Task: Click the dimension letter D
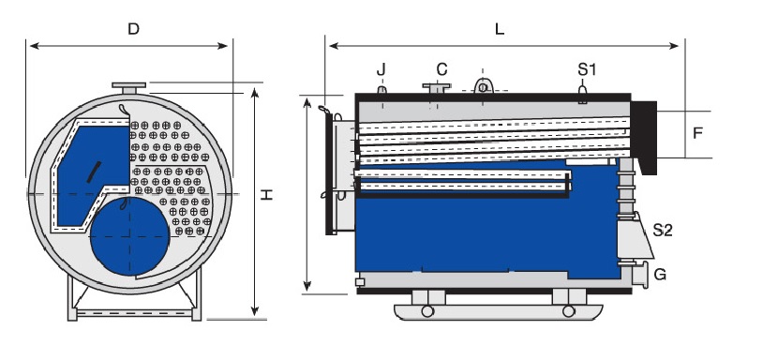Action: click(133, 29)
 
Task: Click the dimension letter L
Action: click(500, 29)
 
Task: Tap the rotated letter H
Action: click(266, 195)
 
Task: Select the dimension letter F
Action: click(697, 133)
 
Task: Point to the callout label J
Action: click(381, 70)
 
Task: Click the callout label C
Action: click(441, 69)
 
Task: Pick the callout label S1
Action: click(587, 69)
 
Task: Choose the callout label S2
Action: click(663, 230)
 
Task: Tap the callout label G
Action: click(660, 275)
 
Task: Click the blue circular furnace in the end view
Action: click(130, 236)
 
